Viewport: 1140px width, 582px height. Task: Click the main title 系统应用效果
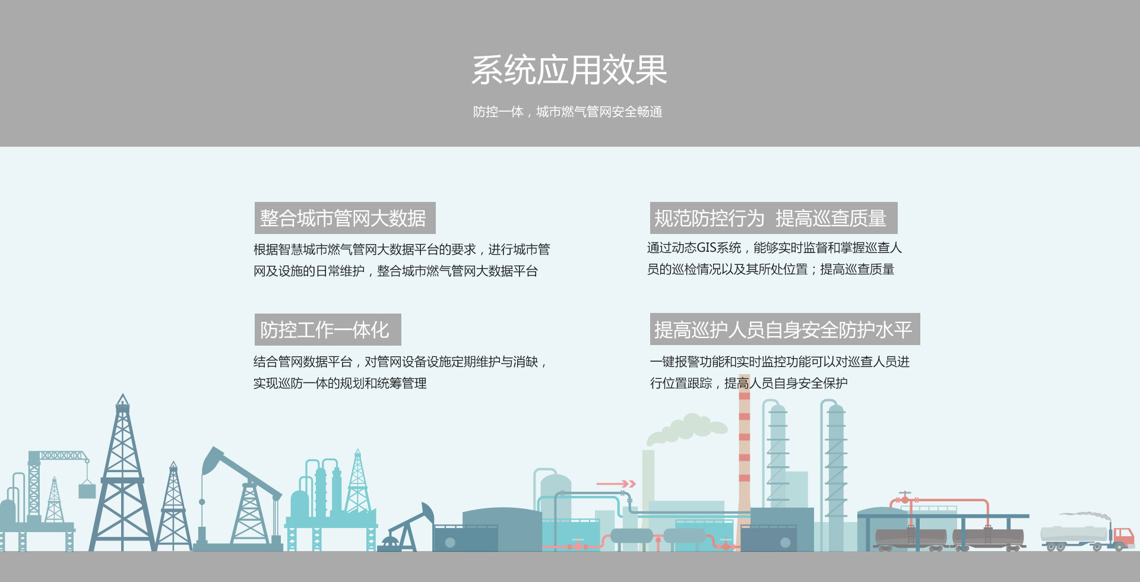[569, 70]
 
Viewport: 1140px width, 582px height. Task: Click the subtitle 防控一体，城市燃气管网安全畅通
[568, 112]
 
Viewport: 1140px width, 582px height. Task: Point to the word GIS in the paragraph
[706, 248]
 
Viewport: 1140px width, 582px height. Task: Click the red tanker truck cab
[1123, 537]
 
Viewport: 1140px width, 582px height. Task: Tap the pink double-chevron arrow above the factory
[616, 484]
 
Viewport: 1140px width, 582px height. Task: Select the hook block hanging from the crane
[87, 490]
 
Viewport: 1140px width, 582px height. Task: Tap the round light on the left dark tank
[450, 542]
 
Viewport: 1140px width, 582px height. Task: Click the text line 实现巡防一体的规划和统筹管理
[340, 383]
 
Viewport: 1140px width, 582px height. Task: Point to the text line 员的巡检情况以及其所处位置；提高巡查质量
[771, 270]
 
